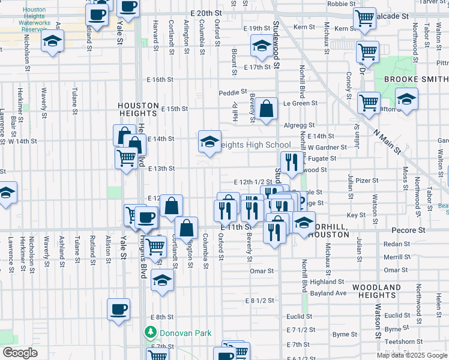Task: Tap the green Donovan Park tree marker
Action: click(x=150, y=332)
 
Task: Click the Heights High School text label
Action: click(x=256, y=145)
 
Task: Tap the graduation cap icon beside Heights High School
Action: click(x=209, y=142)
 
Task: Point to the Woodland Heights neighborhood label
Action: click(x=376, y=292)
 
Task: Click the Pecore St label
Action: click(x=408, y=230)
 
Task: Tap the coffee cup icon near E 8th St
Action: click(x=118, y=310)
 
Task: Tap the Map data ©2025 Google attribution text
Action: click(x=411, y=355)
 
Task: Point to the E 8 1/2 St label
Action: click(x=259, y=300)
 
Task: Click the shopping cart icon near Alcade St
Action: click(x=365, y=19)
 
